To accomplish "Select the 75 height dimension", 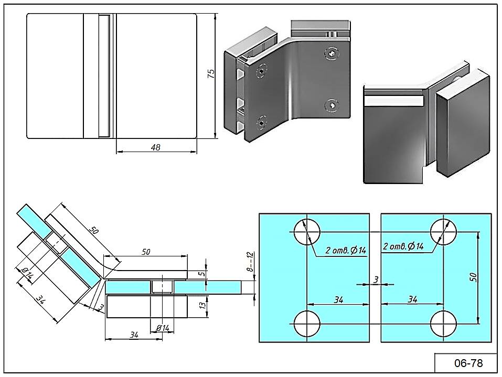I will tap(211, 73).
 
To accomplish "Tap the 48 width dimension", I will tap(155, 147).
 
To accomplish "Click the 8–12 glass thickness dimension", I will tap(250, 261).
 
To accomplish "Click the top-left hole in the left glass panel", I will tap(307, 231).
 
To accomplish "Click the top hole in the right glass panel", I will tap(443, 231).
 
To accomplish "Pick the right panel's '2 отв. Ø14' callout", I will tap(403, 246).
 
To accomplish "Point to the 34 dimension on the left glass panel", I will tap(338, 299).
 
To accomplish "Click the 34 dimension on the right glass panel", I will tap(412, 299).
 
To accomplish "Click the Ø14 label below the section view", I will tap(163, 328).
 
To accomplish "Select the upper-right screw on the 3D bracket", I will tap(331, 53).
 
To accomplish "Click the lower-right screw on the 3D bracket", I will tap(331, 105).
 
